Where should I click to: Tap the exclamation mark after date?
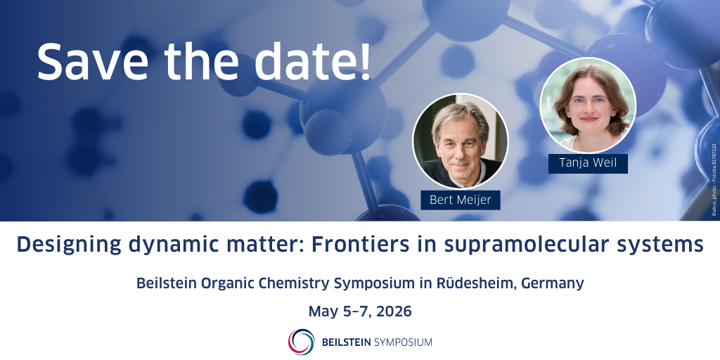click(x=365, y=61)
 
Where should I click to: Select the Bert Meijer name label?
click(x=461, y=200)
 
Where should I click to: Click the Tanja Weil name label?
click(x=588, y=163)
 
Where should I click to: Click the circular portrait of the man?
click(x=461, y=141)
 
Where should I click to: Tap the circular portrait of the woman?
click(x=588, y=105)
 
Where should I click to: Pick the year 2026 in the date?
click(x=394, y=311)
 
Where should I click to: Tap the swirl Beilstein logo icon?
click(x=301, y=342)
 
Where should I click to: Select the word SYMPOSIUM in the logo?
click(x=403, y=342)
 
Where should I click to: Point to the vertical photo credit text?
click(x=714, y=179)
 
